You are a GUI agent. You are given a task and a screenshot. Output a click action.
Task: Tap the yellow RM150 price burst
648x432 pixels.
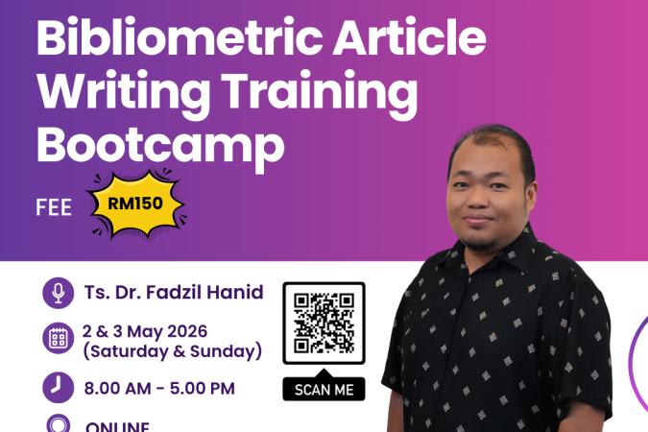pos(135,203)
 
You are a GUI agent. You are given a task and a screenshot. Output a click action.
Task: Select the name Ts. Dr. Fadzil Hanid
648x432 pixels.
pos(174,292)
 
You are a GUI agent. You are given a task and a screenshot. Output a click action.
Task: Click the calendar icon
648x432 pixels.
pos(59,338)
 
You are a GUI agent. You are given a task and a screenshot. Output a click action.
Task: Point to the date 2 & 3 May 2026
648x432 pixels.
pos(158,331)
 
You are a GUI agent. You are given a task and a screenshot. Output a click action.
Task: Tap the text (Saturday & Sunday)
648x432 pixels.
pos(173,352)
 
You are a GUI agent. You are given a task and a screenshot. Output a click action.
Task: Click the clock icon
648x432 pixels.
pos(59,388)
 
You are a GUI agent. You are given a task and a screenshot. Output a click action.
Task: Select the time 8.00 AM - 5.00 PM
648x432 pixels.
pos(159,389)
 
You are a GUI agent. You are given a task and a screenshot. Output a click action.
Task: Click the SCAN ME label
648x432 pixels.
pos(324,389)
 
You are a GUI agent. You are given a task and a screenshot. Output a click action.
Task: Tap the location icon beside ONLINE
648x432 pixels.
pos(59,425)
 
